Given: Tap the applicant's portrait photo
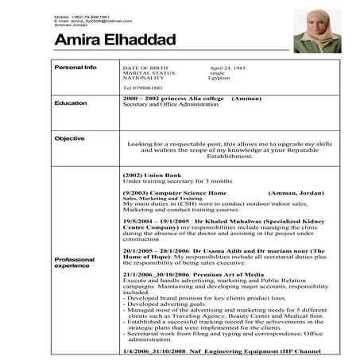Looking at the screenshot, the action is pyautogui.click(x=317, y=32).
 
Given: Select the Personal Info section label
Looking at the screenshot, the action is pyautogui.click(x=75, y=68).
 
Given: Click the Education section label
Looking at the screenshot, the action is pyautogui.click(x=71, y=103).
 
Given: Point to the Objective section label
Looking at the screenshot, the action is pyautogui.click(x=70, y=138).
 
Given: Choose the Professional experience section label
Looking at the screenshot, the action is pyautogui.click(x=74, y=263).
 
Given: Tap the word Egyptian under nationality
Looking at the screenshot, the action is pyautogui.click(x=219, y=78).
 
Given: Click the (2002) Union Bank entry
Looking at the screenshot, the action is pyautogui.click(x=148, y=175).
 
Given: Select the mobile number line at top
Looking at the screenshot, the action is pyautogui.click(x=83, y=16).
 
